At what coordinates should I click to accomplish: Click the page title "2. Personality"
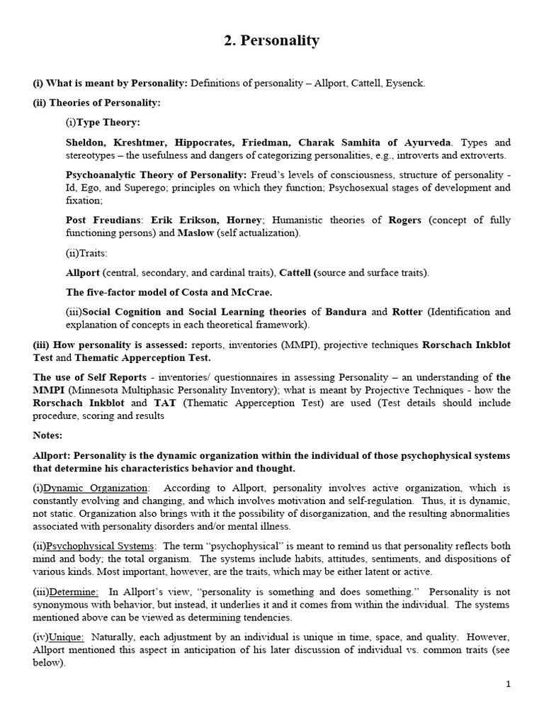click(x=271, y=41)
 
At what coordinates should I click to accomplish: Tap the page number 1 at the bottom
click(x=508, y=683)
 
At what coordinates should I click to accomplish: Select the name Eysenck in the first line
click(x=404, y=84)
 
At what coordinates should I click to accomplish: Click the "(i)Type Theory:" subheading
click(x=102, y=123)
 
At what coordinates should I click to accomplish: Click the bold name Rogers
click(x=404, y=220)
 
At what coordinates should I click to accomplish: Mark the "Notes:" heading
click(x=47, y=435)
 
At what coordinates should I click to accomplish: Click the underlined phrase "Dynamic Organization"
click(x=96, y=488)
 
